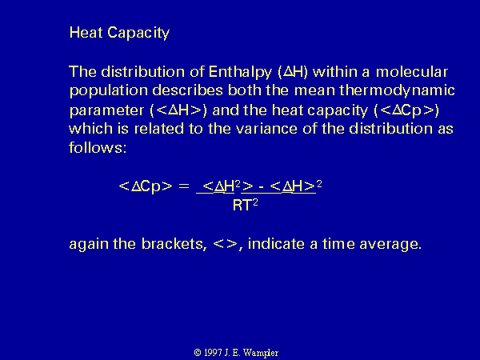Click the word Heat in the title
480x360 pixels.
(86, 32)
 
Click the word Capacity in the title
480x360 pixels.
(138, 33)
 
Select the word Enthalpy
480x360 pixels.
(240, 72)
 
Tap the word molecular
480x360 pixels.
(412, 72)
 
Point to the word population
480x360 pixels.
(109, 91)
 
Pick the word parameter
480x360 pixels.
(107, 110)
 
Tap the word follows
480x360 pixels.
(98, 147)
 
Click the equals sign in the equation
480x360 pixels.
(184, 186)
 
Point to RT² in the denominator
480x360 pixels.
(246, 205)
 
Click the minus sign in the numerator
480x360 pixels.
(262, 186)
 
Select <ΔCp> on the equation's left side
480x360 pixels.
(146, 186)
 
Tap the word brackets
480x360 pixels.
(174, 244)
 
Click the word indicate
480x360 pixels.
(276, 244)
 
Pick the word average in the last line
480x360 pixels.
(390, 245)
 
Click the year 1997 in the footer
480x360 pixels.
(213, 353)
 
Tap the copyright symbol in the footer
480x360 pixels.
(198, 353)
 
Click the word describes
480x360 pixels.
(187, 90)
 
